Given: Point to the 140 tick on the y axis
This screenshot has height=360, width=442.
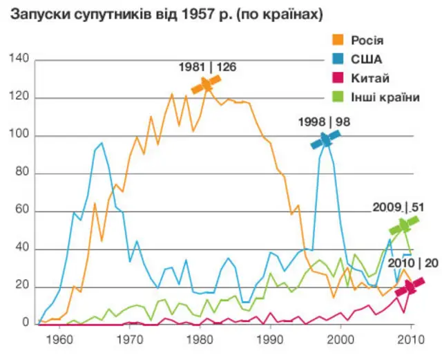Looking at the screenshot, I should coord(19,60).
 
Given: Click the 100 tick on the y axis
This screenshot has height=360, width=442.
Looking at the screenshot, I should coord(19,135).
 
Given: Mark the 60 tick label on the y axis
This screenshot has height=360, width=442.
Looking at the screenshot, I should coord(21,211).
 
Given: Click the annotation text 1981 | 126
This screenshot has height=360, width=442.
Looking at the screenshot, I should coord(207,68).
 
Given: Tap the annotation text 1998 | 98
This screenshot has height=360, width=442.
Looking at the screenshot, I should coord(325,122).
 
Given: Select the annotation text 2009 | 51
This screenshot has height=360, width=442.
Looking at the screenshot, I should coord(398,207).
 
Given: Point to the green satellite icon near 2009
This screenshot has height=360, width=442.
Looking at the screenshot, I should coord(403,225).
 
